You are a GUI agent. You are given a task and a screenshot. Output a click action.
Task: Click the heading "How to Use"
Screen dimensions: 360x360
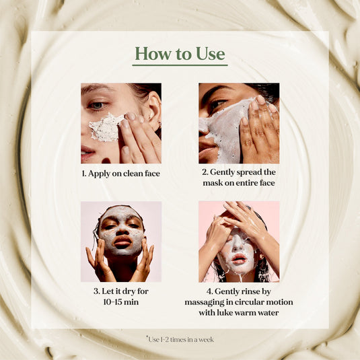180,53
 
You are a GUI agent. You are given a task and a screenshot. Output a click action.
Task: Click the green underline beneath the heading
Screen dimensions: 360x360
180,65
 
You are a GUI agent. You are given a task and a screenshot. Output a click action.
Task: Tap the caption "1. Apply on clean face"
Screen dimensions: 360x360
121,174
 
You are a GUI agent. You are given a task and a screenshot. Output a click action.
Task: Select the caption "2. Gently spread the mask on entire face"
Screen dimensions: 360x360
239,178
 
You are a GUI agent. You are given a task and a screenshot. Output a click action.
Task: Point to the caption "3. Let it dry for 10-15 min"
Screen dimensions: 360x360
121,297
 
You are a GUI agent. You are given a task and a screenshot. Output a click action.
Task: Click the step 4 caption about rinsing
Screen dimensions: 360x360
239,302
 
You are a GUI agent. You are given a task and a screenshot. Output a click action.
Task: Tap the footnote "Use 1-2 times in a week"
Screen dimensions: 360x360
180,339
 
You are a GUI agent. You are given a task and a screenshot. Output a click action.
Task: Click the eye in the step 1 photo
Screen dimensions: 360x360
98,105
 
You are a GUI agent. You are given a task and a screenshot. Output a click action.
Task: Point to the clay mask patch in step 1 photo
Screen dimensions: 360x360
106,127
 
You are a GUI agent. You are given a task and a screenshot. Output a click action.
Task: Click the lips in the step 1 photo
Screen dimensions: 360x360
87,153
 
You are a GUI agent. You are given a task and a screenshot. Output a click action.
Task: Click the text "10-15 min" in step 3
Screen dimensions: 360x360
121,303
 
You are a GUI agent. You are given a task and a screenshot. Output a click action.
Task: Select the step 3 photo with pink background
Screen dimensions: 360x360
121,242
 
